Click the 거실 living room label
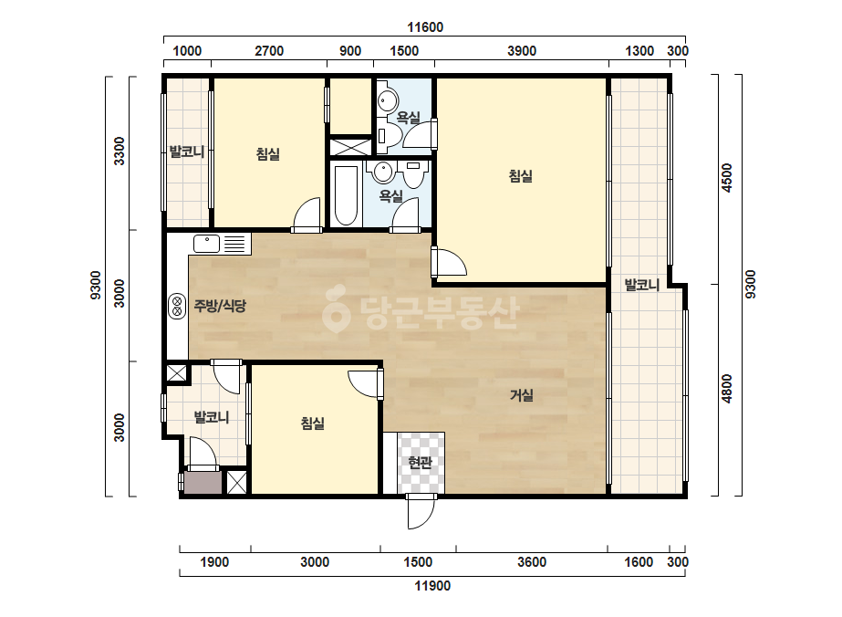(522, 395)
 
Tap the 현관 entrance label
(420, 462)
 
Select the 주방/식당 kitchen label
(220, 307)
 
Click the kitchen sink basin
(207, 244)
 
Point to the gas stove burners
(177, 307)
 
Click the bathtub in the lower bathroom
(346, 195)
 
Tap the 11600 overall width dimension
(425, 27)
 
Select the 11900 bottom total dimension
(432, 586)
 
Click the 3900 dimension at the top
(522, 51)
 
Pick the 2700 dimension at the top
(269, 51)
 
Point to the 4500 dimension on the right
(726, 178)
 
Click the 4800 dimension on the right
(726, 389)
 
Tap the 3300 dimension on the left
(120, 152)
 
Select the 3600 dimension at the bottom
(532, 562)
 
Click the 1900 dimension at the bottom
(214, 562)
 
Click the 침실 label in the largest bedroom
(521, 176)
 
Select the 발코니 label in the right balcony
(641, 285)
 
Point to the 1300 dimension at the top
(639, 51)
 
